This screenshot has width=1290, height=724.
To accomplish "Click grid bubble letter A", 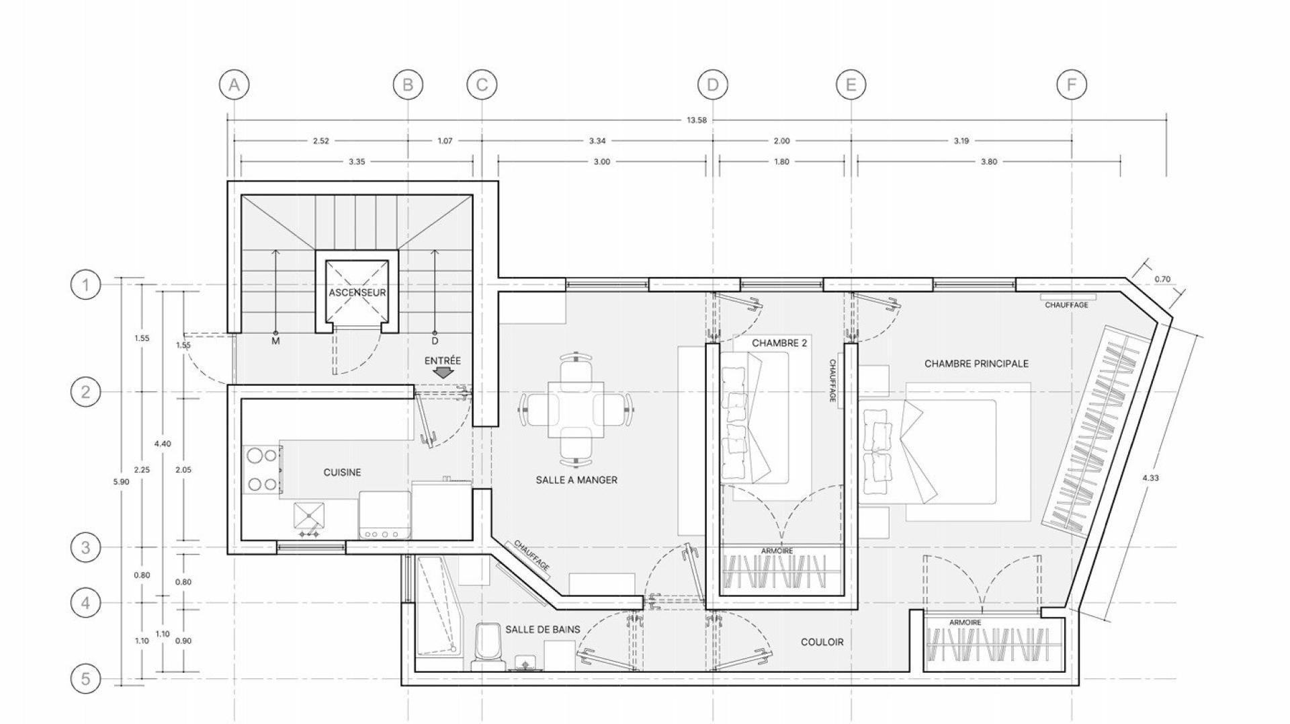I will click(x=234, y=85).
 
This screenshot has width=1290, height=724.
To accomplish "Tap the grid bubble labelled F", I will click(x=1072, y=85).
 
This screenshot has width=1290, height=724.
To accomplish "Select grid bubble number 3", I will click(x=85, y=547).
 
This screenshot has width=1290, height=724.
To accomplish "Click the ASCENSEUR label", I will click(x=357, y=293).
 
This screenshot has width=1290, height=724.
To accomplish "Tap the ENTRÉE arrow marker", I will click(x=443, y=371).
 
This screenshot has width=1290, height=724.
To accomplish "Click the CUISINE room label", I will click(x=342, y=473).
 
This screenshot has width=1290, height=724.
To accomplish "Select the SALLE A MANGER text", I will click(x=576, y=480).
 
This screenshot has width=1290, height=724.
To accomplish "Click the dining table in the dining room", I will click(x=576, y=410).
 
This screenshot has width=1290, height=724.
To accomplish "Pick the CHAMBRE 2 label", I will click(x=779, y=343).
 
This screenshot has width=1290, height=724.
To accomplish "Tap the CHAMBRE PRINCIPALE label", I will click(x=976, y=364).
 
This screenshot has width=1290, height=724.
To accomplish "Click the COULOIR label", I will click(x=822, y=642).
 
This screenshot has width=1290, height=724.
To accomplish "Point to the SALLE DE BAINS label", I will click(x=542, y=629).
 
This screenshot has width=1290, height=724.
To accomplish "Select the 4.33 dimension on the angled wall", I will click(x=1154, y=478).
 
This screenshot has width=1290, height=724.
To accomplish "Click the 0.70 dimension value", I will click(x=1162, y=279).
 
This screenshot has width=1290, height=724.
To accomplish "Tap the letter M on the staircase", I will click(x=275, y=341).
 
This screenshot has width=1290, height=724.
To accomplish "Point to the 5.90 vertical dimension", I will click(x=126, y=481).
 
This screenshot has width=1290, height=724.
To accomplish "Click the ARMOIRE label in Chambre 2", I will click(x=777, y=551).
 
